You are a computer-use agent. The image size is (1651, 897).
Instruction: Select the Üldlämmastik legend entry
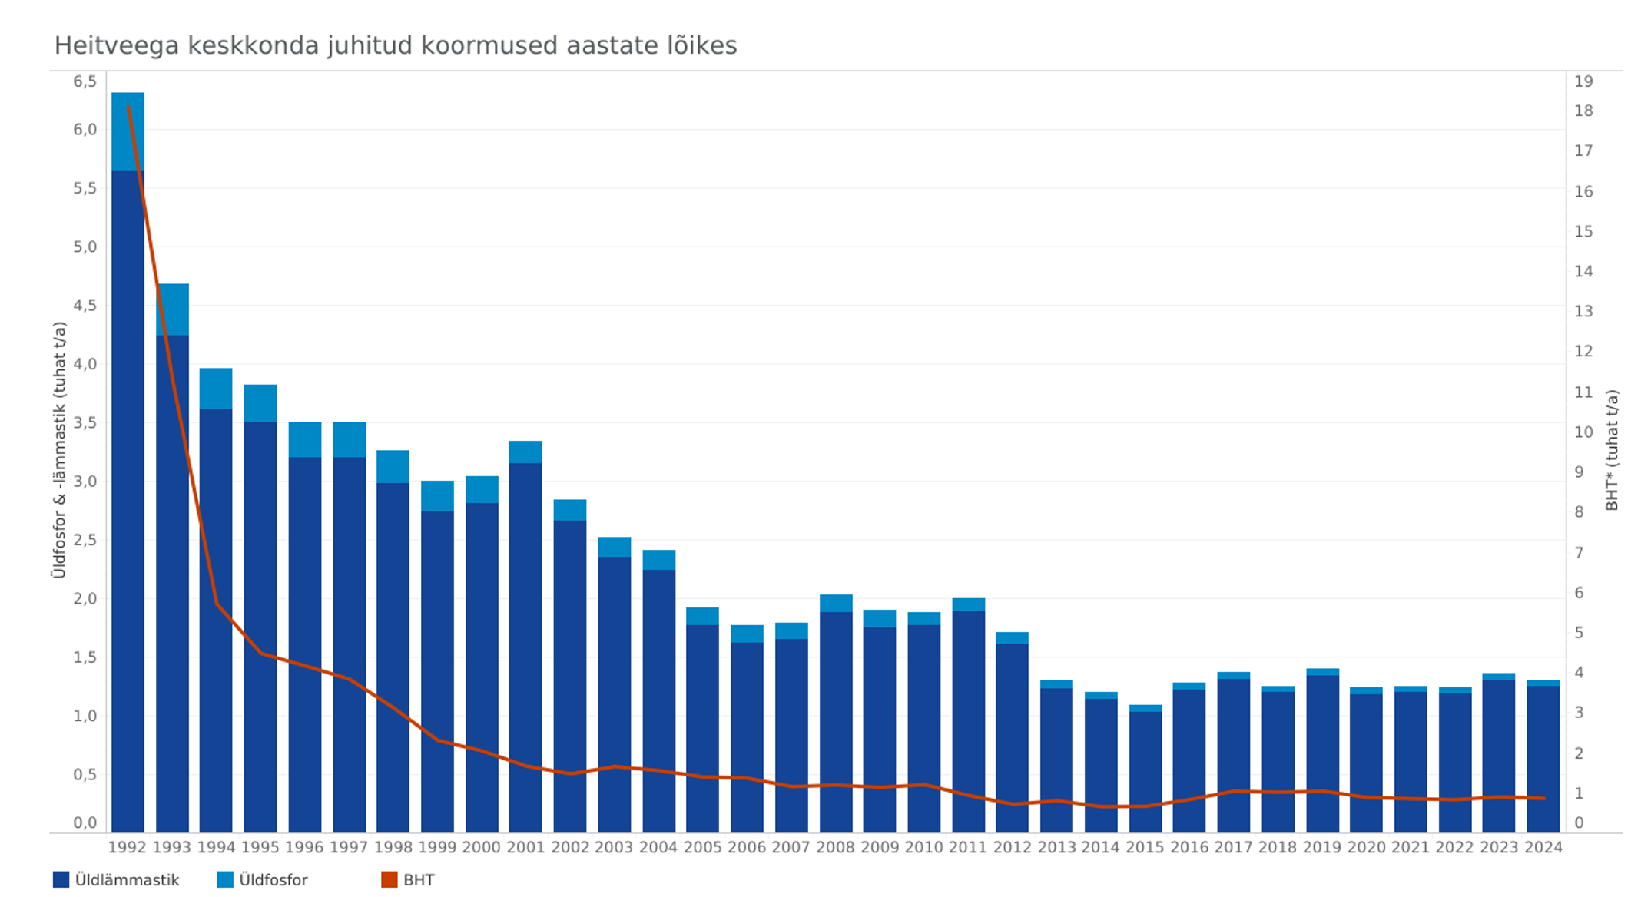tap(116, 880)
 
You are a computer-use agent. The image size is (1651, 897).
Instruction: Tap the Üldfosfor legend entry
tap(263, 880)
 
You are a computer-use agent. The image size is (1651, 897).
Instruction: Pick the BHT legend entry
tap(408, 880)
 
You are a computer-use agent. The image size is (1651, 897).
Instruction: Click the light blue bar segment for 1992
tap(128, 131)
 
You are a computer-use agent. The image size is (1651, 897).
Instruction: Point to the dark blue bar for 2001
tap(525, 647)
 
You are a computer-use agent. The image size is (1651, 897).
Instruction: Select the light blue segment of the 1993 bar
tap(172, 309)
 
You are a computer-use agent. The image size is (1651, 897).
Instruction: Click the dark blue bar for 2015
tap(1145, 772)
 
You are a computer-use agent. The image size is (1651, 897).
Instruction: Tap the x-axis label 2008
tap(836, 848)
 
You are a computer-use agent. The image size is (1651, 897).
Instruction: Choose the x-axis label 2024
tap(1543, 848)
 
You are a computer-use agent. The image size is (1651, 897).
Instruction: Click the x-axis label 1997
tap(349, 848)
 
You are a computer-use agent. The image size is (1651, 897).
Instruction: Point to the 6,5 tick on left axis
tap(85, 81)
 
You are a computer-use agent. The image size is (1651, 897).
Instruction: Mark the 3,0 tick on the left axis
tap(85, 482)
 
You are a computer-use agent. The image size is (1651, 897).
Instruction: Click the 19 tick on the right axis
tap(1584, 81)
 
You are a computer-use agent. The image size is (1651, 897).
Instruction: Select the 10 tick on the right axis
tap(1584, 432)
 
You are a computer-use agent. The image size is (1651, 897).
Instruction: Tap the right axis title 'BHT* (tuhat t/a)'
tap(1612, 450)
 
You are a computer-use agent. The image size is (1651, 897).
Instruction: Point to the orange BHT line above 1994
tap(217, 604)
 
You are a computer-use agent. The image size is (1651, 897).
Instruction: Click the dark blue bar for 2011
tap(969, 722)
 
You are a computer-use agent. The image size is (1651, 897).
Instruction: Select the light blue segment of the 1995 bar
tap(260, 403)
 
